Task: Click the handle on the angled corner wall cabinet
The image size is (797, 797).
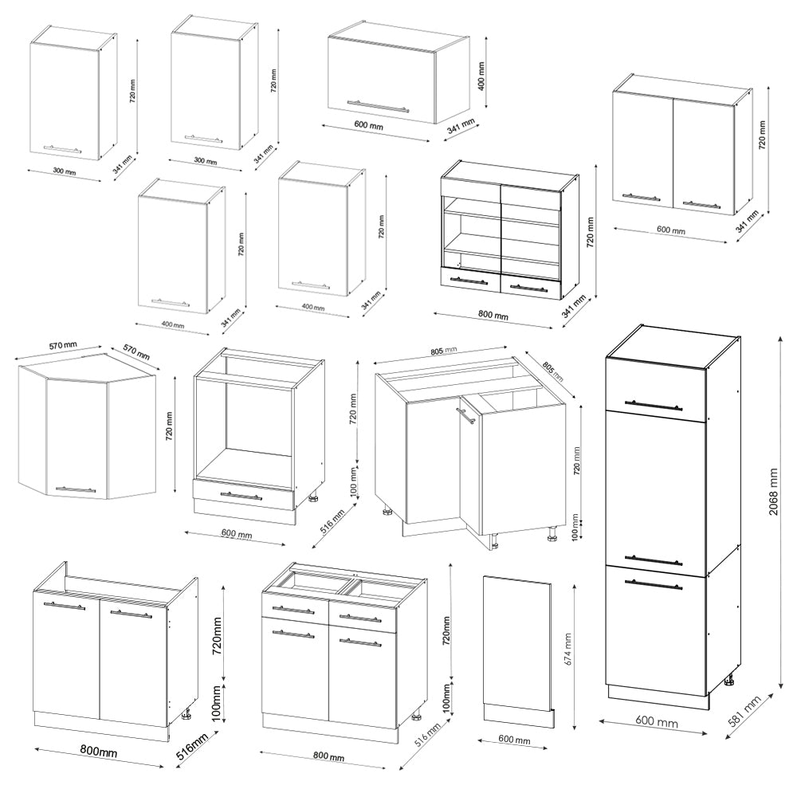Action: [x=75, y=489]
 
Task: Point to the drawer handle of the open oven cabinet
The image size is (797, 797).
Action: [x=241, y=496]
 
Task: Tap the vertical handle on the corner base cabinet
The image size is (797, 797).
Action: [x=461, y=420]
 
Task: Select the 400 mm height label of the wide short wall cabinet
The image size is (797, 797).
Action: [x=481, y=75]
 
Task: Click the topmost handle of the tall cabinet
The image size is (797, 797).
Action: [x=654, y=406]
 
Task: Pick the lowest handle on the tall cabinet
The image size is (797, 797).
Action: [x=654, y=585]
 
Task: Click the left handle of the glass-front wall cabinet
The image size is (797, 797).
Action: [x=469, y=281]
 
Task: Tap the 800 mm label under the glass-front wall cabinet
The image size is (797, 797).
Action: [x=493, y=316]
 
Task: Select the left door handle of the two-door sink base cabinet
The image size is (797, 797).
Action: [x=65, y=607]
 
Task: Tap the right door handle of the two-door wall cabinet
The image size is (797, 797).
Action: [x=701, y=204]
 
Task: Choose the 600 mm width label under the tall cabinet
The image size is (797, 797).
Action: [x=658, y=723]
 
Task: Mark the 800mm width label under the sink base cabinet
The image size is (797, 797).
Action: [x=98, y=752]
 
